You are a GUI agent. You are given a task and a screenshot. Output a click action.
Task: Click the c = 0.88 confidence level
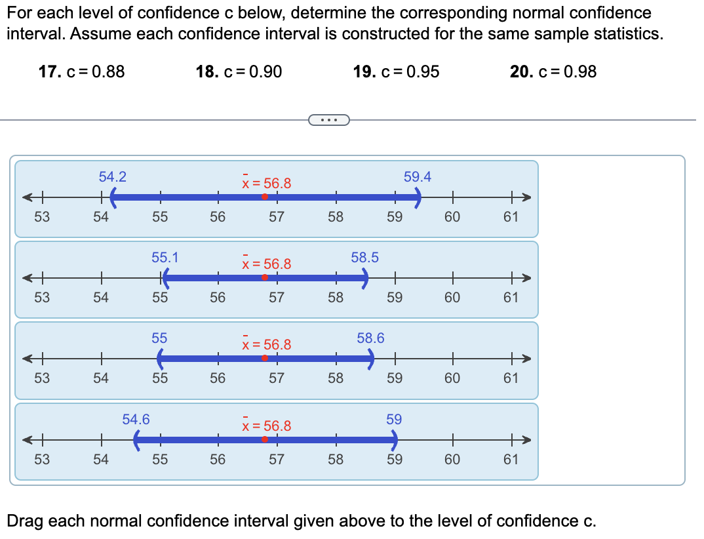tap(82, 71)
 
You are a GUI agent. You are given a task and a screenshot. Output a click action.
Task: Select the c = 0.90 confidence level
tap(239, 71)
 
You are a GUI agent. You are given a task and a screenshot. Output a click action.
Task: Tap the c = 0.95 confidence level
tap(397, 71)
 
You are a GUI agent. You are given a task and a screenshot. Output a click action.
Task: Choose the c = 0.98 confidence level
tap(554, 71)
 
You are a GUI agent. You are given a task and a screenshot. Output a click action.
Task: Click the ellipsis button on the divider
tap(328, 120)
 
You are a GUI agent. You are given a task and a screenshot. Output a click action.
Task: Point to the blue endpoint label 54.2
tap(113, 176)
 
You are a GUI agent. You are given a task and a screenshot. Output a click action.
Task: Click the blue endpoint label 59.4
tap(418, 176)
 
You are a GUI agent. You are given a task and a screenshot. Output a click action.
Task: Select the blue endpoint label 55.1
tap(165, 257)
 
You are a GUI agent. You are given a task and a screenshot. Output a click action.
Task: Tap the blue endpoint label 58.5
tap(364, 257)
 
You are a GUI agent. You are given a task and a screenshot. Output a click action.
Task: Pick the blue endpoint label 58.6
tap(370, 338)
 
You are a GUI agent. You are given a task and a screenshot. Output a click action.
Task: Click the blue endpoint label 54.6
tap(136, 418)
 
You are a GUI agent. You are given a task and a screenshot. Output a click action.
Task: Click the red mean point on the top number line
tap(265, 197)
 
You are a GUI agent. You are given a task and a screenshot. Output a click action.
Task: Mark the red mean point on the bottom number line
tap(265, 439)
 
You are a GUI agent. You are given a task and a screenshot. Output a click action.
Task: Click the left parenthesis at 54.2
tap(113, 197)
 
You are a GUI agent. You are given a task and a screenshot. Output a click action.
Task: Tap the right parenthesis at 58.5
tap(365, 278)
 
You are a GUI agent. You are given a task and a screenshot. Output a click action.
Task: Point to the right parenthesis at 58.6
tap(371, 359)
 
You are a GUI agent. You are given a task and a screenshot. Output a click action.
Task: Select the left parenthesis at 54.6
tap(136, 439)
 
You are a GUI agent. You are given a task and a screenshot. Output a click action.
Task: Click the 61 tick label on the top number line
tap(511, 216)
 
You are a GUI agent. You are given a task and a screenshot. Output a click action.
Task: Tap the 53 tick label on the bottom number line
tap(41, 459)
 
